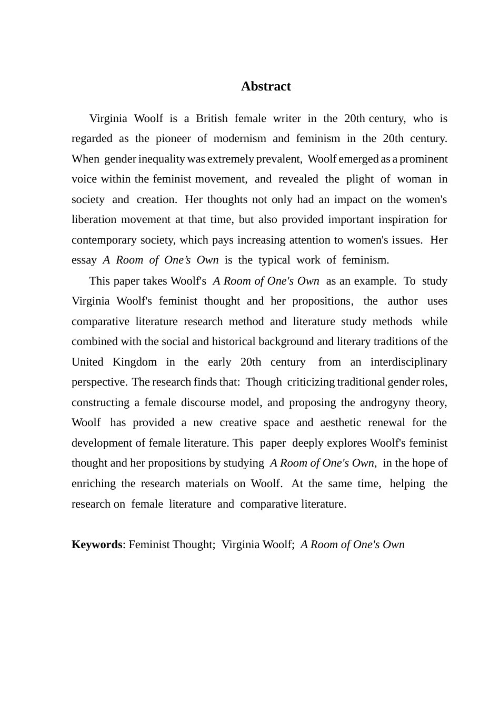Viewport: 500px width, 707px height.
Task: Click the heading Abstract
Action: [266, 86]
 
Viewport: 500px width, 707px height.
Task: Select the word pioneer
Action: [173, 139]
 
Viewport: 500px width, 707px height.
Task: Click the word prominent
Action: [424, 159]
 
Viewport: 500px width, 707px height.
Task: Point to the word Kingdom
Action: [135, 362]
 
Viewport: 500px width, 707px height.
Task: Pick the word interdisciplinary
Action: [409, 362]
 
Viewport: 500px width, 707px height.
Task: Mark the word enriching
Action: [93, 484]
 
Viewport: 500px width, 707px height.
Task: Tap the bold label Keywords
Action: [97, 544]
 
